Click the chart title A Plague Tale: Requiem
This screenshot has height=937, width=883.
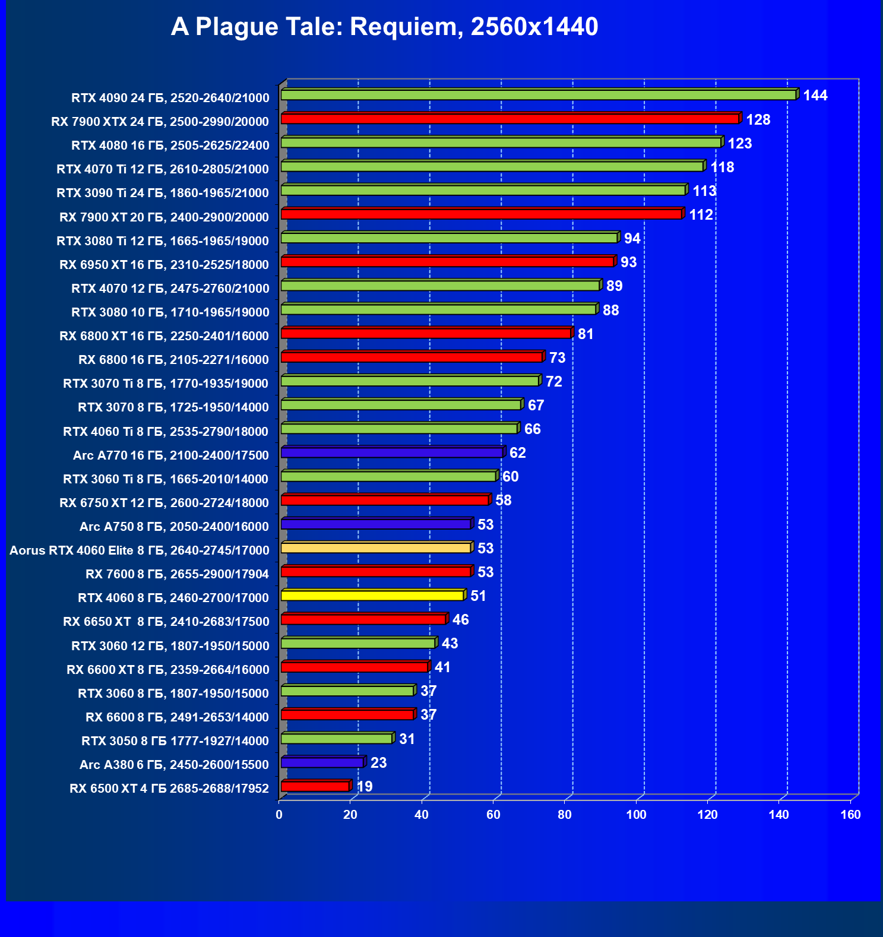click(x=384, y=27)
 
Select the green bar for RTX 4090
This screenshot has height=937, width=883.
click(x=538, y=95)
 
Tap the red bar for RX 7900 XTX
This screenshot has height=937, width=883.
click(x=509, y=119)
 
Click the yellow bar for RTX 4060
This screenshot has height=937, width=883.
click(x=372, y=596)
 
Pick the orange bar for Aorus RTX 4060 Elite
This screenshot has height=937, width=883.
click(x=376, y=548)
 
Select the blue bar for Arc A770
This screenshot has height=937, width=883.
click(x=392, y=453)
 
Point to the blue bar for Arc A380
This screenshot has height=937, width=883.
click(x=322, y=762)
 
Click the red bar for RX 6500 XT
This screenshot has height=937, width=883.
click(x=315, y=787)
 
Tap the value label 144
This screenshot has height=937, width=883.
click(x=815, y=96)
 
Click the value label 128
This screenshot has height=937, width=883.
click(x=758, y=120)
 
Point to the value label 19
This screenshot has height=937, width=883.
click(x=365, y=787)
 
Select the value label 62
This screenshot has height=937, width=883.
click(x=517, y=453)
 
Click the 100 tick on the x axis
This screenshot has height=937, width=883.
click(x=636, y=815)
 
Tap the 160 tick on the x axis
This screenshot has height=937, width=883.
click(x=850, y=815)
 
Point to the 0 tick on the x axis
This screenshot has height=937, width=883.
click(x=279, y=815)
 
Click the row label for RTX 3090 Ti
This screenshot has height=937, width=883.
click(x=163, y=193)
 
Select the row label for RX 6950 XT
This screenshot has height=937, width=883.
click(x=164, y=265)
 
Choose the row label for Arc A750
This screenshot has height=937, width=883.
click(x=174, y=527)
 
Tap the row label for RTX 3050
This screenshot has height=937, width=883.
click(x=175, y=741)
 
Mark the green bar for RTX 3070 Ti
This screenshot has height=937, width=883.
click(x=410, y=381)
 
